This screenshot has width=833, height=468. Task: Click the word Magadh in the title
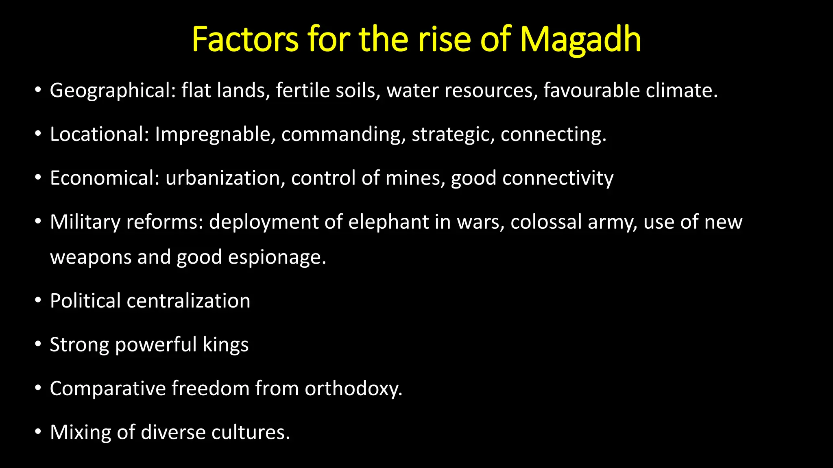[x=580, y=40]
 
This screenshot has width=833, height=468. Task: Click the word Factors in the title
[x=245, y=40]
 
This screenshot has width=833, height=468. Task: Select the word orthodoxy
[x=353, y=389]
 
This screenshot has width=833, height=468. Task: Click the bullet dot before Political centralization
[x=38, y=301]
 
